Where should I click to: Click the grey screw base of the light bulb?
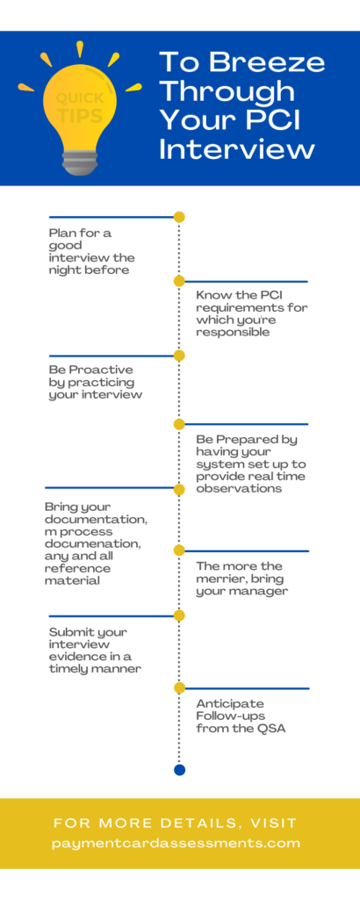(x=79, y=162)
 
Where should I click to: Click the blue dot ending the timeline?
(x=179, y=769)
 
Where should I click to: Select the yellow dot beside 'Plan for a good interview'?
(x=179, y=217)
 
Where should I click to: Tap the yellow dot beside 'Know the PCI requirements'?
(x=179, y=281)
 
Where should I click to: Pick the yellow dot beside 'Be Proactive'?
(x=179, y=356)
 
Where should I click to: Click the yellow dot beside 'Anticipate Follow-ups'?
(x=179, y=687)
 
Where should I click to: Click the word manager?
(x=263, y=592)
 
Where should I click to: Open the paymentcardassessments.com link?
(x=176, y=844)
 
